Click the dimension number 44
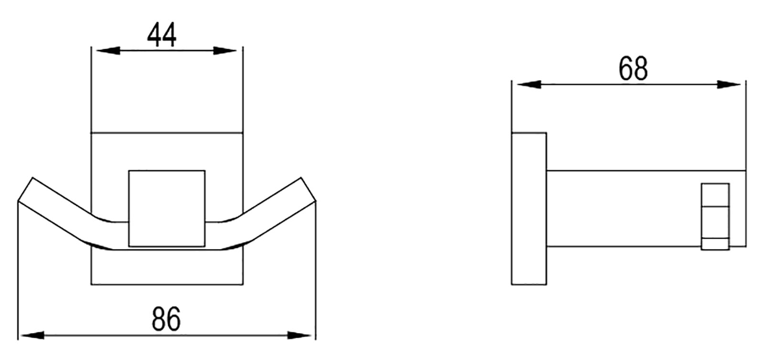click(x=162, y=35)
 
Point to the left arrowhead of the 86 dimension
click(x=31, y=335)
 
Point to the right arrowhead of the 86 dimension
click(x=300, y=335)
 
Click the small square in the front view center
click(x=167, y=208)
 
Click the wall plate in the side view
click(x=529, y=208)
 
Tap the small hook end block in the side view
click(x=715, y=216)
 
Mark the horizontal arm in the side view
click(x=621, y=208)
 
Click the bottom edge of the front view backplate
click(x=167, y=285)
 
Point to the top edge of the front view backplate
click(x=167, y=132)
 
